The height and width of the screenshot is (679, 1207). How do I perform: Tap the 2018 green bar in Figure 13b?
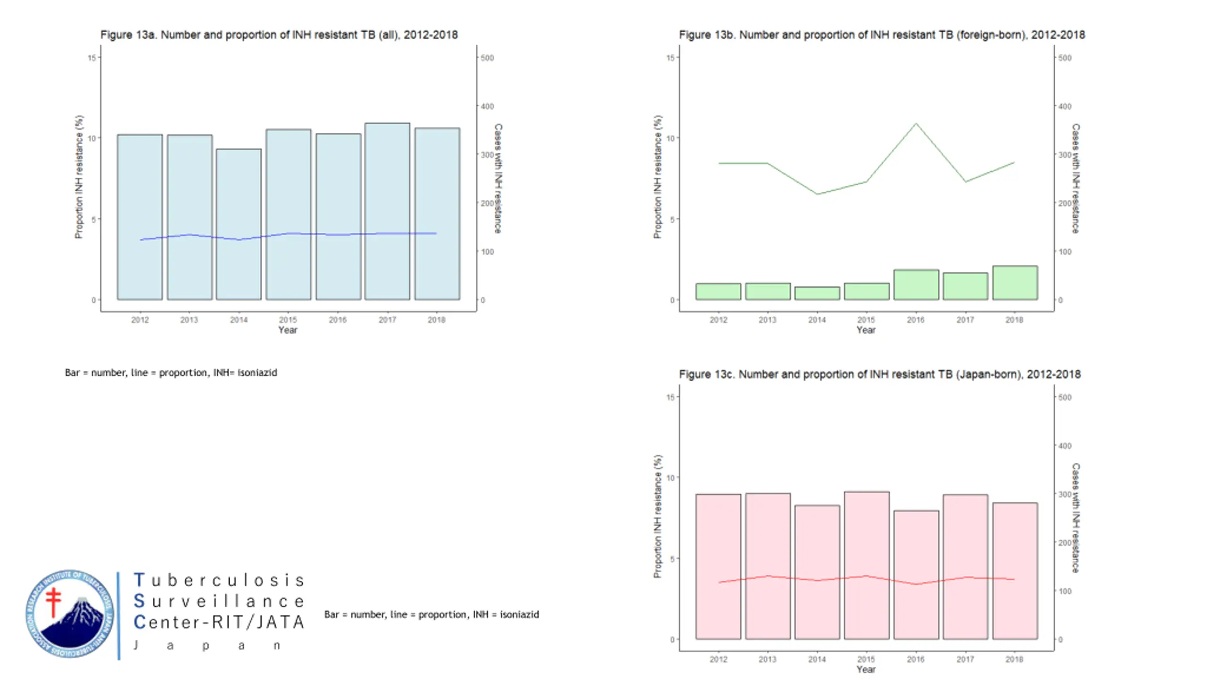point(1015,283)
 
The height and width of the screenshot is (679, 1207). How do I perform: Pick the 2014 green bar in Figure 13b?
point(817,293)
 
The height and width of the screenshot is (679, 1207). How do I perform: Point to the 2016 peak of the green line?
point(916,124)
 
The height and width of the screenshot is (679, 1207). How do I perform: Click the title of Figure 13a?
point(279,35)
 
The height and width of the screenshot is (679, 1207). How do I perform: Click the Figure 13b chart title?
point(882,35)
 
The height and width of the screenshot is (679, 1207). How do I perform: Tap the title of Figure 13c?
point(879,374)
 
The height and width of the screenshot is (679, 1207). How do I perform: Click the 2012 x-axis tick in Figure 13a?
point(140,320)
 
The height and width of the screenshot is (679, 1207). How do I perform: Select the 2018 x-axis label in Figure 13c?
point(1014,659)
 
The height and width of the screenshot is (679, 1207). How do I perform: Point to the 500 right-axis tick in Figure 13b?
point(1065,58)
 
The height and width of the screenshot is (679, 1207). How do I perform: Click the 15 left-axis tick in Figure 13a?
point(91,58)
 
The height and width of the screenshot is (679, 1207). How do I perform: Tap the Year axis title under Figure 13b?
point(866,330)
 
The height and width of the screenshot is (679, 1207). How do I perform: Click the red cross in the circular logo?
point(54,601)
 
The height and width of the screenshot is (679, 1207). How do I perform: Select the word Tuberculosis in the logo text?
point(219,580)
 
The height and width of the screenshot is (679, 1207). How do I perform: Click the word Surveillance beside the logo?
point(219,601)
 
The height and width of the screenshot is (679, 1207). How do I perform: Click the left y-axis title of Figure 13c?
point(658,516)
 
